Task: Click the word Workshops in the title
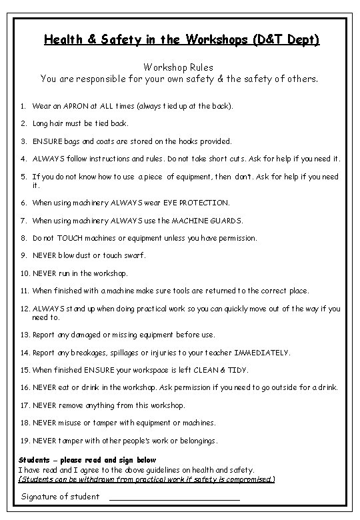(x=221, y=40)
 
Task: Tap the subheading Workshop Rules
(x=179, y=67)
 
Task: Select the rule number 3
(x=23, y=141)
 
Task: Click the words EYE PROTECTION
(x=192, y=203)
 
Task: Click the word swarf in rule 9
(x=133, y=255)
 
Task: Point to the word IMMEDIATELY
(x=262, y=353)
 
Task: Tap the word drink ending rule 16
(x=327, y=387)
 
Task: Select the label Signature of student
(x=61, y=497)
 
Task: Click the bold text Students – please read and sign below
(x=87, y=460)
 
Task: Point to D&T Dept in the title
(x=288, y=40)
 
